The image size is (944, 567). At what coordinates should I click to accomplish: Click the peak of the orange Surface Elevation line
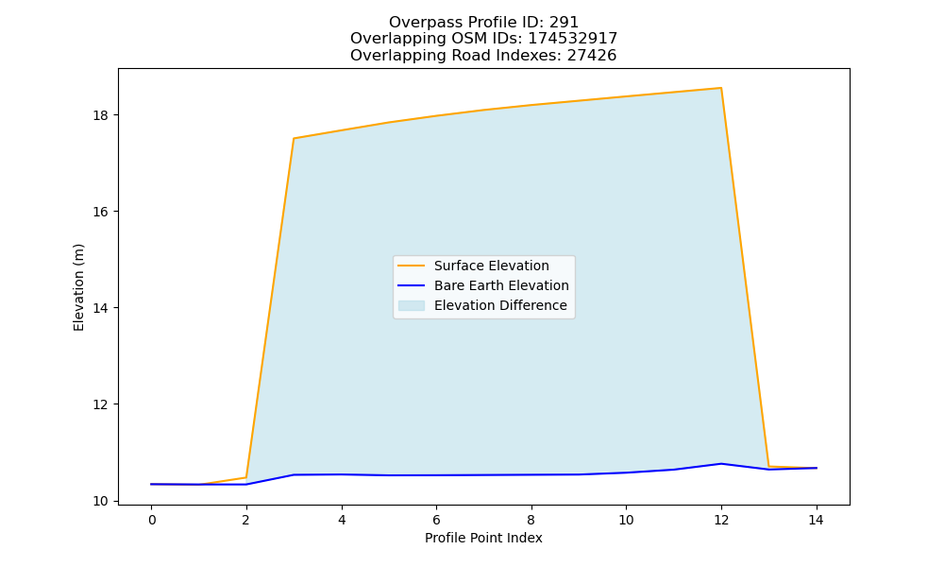click(x=720, y=88)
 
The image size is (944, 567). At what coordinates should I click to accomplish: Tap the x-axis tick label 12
click(x=720, y=520)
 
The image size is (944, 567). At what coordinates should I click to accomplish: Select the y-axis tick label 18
click(x=100, y=115)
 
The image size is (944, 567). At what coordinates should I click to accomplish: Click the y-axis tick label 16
click(x=100, y=212)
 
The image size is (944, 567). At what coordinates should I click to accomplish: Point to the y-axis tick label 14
click(x=100, y=308)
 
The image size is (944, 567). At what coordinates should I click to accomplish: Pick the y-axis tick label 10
click(x=100, y=501)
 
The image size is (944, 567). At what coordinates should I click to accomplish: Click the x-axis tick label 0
click(x=152, y=520)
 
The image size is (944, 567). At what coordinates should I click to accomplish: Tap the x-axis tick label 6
click(x=436, y=520)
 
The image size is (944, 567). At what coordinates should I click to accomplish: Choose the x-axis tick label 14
click(x=816, y=520)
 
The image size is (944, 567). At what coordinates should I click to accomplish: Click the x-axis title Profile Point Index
click(x=483, y=538)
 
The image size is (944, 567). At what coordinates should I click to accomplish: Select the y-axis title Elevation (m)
click(x=78, y=287)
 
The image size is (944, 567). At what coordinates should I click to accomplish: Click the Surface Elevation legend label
click(x=491, y=266)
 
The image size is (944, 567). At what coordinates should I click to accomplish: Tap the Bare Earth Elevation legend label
click(x=501, y=285)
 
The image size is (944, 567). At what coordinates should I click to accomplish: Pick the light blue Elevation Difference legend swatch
click(x=412, y=305)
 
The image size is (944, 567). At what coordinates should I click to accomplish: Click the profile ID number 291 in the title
click(x=564, y=23)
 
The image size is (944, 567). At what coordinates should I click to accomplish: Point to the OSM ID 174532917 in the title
click(x=573, y=39)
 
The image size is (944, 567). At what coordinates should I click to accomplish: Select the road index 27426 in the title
click(x=592, y=56)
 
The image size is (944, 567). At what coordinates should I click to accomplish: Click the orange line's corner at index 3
click(x=294, y=138)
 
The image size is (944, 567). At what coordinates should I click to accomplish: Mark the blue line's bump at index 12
click(x=720, y=463)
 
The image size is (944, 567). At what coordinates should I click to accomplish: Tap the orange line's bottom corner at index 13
click(x=768, y=467)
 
